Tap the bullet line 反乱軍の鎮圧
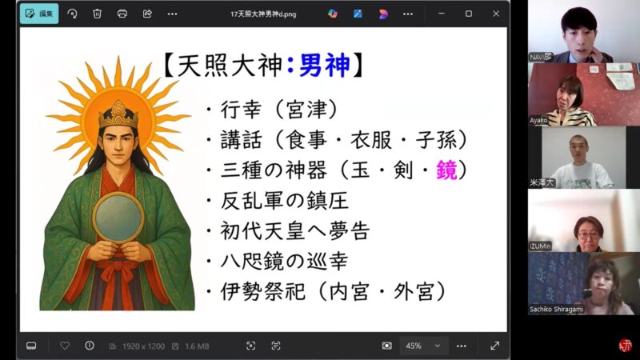point(283,201)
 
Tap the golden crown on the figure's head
point(118,114)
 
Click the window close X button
point(495,14)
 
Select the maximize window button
point(468,14)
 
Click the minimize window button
point(441,14)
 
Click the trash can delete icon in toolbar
point(97,14)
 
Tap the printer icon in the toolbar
point(122,14)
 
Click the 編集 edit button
point(39,14)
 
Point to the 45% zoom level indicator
point(414,346)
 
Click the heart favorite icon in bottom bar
point(65,346)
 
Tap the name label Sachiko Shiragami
point(558,308)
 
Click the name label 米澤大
point(542,182)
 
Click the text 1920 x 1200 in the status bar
point(143,346)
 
